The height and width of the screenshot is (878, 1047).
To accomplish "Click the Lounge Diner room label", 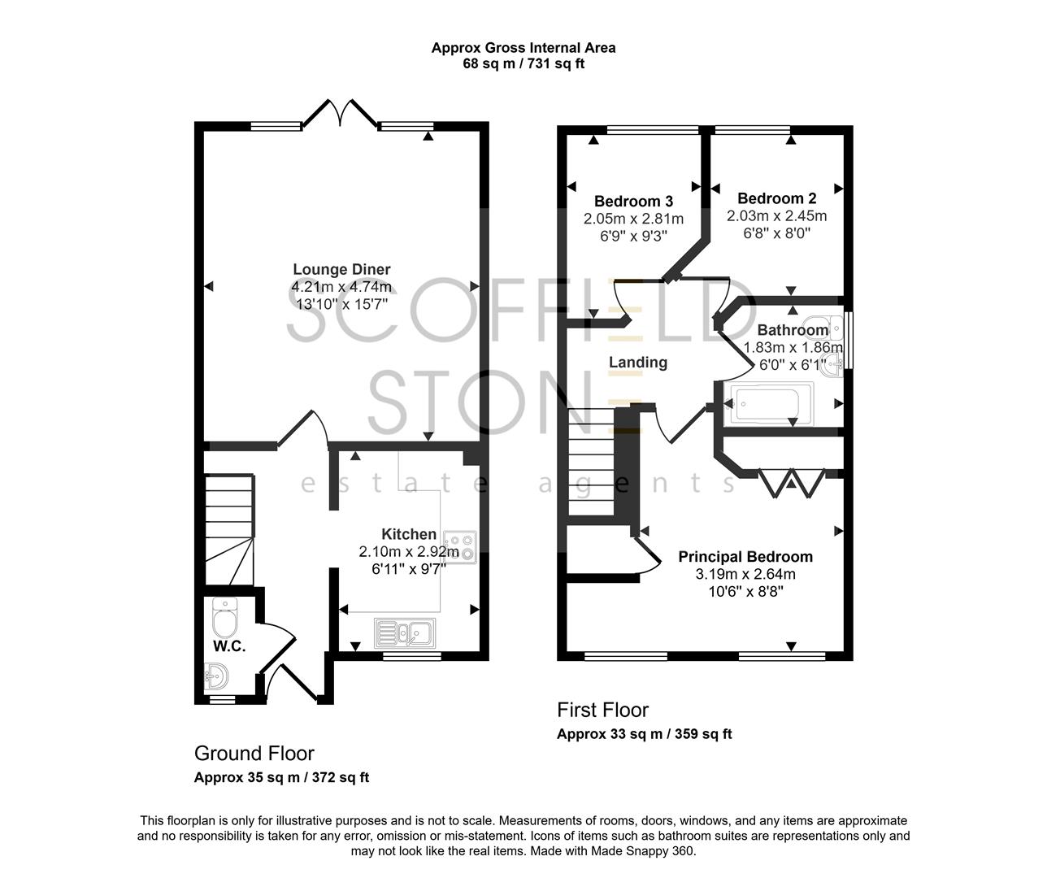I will [341, 269].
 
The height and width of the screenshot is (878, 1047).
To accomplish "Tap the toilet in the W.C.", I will [224, 619].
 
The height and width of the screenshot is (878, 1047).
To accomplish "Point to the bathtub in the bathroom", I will [771, 404].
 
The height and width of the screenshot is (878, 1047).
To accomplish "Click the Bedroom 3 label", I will [633, 201].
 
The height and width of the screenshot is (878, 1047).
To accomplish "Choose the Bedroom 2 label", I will [776, 198].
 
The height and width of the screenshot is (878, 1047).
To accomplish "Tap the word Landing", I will [638, 363].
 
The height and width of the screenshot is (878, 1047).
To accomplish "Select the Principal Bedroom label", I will [745, 557].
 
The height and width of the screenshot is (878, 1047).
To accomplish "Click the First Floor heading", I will [602, 710].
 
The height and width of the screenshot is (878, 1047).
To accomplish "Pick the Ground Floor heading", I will [254, 753].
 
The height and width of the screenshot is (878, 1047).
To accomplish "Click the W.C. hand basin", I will [217, 674].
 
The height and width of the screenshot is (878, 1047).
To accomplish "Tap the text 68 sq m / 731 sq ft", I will [523, 63].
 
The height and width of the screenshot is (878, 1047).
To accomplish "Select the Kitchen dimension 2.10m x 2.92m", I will [409, 552].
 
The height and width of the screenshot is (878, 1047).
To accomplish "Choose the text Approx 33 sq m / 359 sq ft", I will [644, 734].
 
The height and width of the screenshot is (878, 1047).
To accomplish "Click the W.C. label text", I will [229, 646].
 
